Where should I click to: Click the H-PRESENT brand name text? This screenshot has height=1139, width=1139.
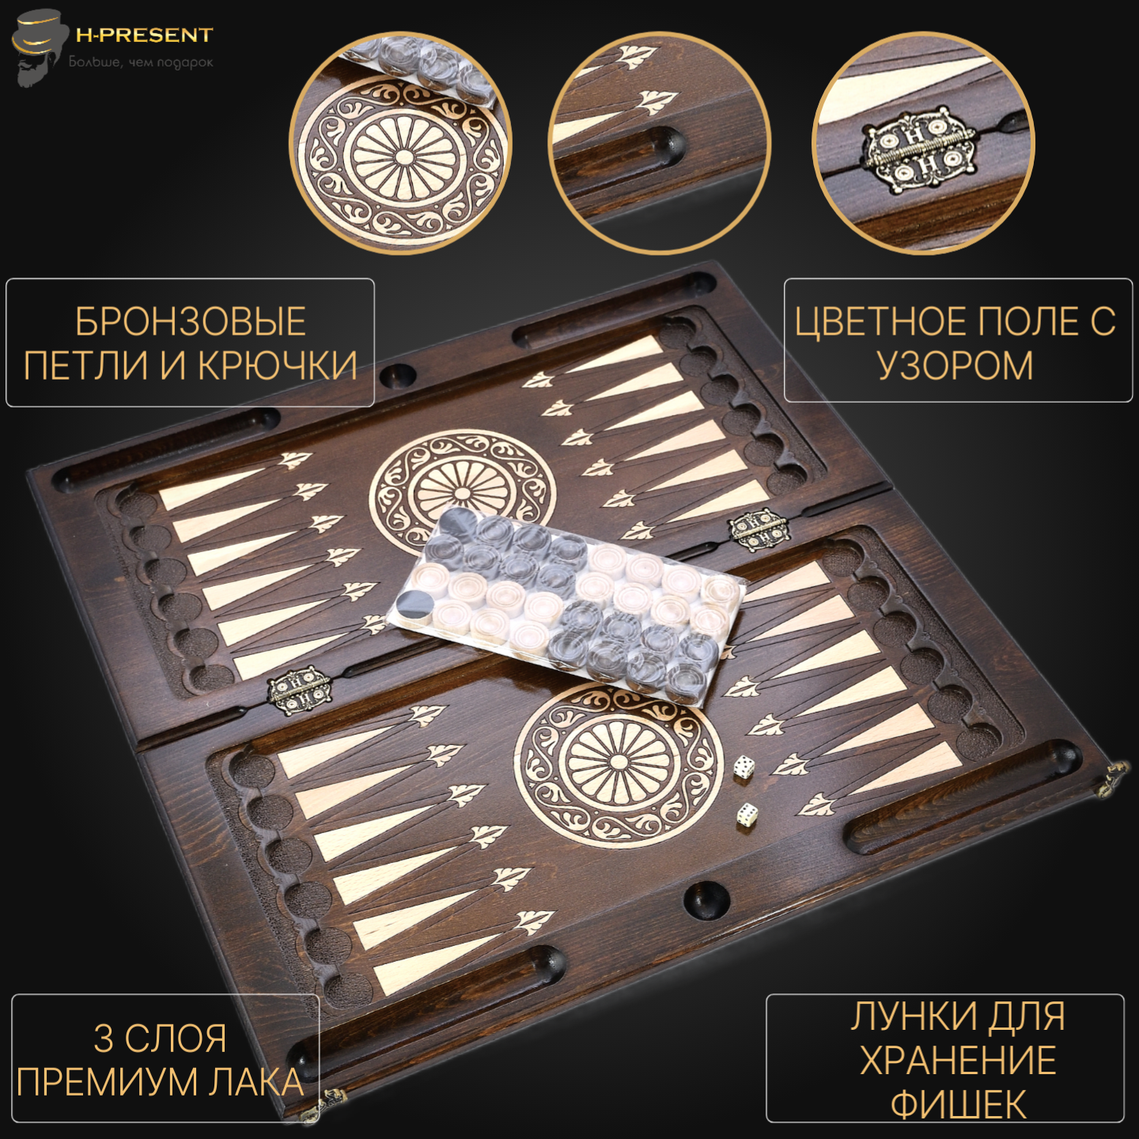pos(144,35)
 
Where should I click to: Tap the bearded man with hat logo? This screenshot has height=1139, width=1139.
pos(36,46)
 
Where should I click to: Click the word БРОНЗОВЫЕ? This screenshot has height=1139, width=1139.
pos(191,322)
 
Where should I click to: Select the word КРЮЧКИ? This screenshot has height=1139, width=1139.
pos(278,365)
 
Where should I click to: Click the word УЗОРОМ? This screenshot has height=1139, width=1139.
pos(955,365)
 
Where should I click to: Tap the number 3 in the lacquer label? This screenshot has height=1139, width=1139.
pos(103,1039)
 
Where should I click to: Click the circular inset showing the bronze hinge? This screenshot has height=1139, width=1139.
pos(923,143)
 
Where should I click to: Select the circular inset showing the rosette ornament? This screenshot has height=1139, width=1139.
pos(400,143)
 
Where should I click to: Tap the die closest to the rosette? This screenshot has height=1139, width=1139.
pos(743,767)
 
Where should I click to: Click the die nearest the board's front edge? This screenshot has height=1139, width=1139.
pos(747,815)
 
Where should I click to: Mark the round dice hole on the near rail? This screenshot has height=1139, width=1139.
pos(706,900)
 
